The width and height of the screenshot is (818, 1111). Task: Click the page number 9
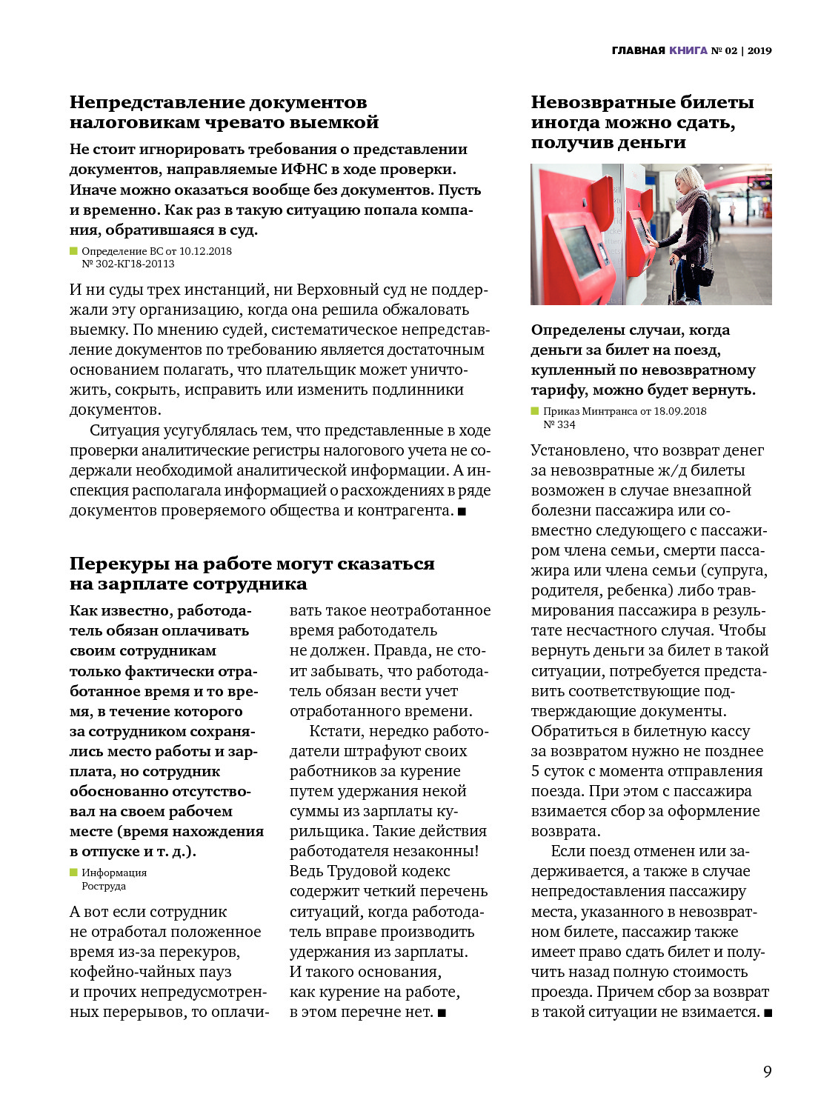click(768, 1072)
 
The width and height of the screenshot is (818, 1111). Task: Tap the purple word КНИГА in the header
click(688, 50)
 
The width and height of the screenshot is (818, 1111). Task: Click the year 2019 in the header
click(759, 50)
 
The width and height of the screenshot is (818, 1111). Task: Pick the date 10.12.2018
click(205, 251)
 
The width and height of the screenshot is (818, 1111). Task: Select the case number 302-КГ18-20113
click(135, 264)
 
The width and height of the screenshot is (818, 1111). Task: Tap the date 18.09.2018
click(680, 411)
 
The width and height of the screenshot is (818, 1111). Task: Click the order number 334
click(566, 424)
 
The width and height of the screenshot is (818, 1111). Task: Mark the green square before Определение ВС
click(73, 250)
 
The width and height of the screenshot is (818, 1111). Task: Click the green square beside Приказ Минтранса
click(535, 410)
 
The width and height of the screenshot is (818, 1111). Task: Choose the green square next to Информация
click(73, 872)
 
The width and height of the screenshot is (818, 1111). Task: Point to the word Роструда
click(104, 886)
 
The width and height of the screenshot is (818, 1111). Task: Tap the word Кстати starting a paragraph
click(333, 731)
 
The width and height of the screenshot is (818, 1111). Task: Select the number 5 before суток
click(536, 771)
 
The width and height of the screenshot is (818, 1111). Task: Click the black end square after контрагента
click(462, 511)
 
